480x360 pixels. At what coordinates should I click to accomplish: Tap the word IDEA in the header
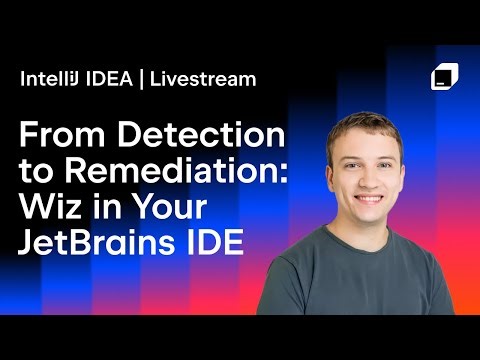coord(111,79)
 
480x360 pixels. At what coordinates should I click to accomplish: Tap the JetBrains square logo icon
coord(444,78)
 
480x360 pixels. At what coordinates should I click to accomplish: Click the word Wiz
coord(51,207)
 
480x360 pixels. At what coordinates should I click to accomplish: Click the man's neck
coord(369,240)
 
